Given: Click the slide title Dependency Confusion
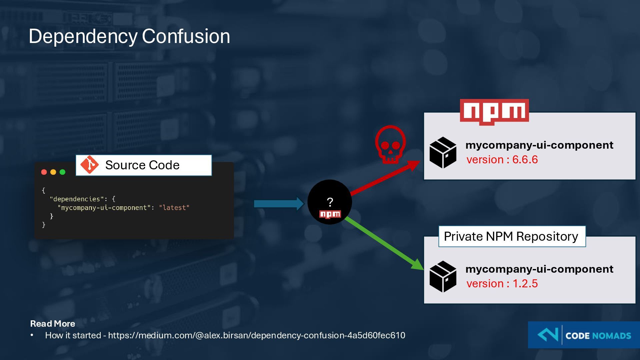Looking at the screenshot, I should click(x=129, y=36).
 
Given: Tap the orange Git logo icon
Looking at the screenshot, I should click(x=89, y=165).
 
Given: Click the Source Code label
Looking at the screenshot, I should click(x=142, y=165).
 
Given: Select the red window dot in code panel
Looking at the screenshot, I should click(x=44, y=172).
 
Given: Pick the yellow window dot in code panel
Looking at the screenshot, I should click(x=53, y=172).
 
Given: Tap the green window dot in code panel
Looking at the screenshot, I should click(x=62, y=172).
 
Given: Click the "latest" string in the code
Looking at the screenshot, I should click(x=174, y=208).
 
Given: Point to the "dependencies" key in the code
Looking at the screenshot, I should click(x=76, y=199).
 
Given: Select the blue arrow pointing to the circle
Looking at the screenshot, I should click(x=279, y=204).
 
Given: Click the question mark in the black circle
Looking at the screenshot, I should click(x=330, y=202).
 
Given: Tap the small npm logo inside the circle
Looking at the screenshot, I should click(x=330, y=214).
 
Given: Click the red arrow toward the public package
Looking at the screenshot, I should click(x=383, y=178).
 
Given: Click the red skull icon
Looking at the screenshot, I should click(x=390, y=144).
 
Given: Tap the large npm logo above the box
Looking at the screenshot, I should click(x=494, y=112).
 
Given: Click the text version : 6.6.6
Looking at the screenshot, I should click(x=502, y=160).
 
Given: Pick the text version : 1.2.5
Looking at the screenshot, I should click(x=502, y=284).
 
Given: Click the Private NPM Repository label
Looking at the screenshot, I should click(x=511, y=236).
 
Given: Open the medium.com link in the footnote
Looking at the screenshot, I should click(x=256, y=335).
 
